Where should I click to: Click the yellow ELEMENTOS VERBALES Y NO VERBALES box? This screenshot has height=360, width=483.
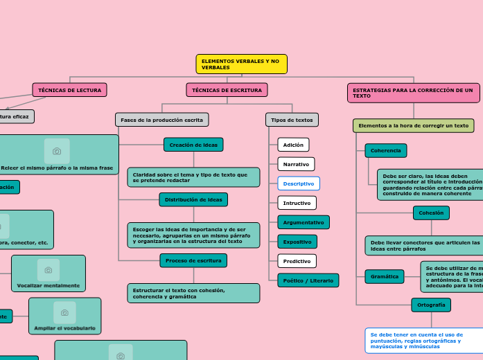pyautogui.click(x=241, y=64)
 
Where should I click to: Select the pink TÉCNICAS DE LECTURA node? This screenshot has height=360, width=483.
pyautogui.click(x=69, y=90)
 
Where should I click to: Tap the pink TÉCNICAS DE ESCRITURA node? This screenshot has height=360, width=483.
pyautogui.click(x=227, y=90)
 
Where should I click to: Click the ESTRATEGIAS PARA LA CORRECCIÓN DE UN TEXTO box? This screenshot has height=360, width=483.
pyautogui.click(x=413, y=93)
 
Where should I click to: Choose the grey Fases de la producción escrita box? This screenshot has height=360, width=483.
pyautogui.click(x=161, y=120)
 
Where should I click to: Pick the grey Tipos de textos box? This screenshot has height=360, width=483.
pyautogui.click(x=292, y=120)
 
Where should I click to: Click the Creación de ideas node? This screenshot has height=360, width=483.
pyautogui.click(x=193, y=145)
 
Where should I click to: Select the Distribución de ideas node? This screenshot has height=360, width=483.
pyautogui.click(x=193, y=199)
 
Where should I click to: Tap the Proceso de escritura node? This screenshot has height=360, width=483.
pyautogui.click(x=193, y=260)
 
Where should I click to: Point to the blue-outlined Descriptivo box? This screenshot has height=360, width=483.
pyautogui.click(x=299, y=183)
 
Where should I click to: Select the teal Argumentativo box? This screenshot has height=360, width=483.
pyautogui.click(x=304, y=222)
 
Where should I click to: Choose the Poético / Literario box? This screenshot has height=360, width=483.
pyautogui.click(x=308, y=280)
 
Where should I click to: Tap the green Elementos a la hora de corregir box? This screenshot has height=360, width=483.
pyautogui.click(x=413, y=125)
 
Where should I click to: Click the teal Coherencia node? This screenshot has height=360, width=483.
pyautogui.click(x=385, y=150)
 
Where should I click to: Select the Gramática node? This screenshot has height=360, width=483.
pyautogui.click(x=384, y=276)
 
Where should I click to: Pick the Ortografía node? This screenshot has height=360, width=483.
pyautogui.click(x=431, y=305)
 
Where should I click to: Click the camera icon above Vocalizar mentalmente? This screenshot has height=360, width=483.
pyautogui.click(x=49, y=269)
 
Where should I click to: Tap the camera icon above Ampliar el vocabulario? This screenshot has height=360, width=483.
pyautogui.click(x=64, y=312)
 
